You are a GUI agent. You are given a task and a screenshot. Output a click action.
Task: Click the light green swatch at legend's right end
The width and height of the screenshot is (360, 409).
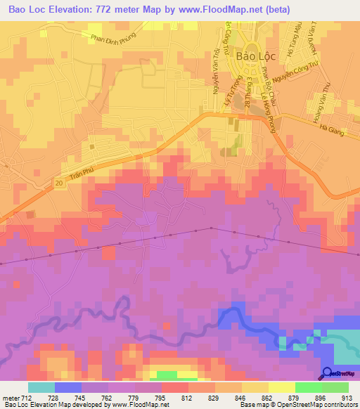pyautogui.click(x=335, y=387)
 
